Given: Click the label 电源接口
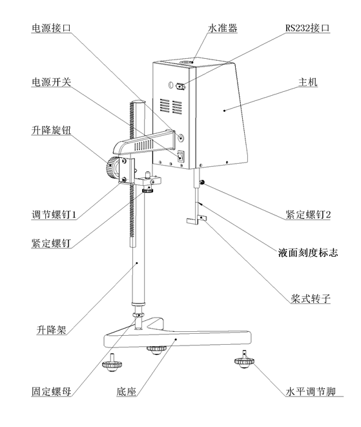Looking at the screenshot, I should coord(53,28).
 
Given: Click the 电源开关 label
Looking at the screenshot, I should coord(53,82).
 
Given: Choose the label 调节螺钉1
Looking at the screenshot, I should coord(54,214).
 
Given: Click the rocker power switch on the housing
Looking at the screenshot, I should coord(182,156).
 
